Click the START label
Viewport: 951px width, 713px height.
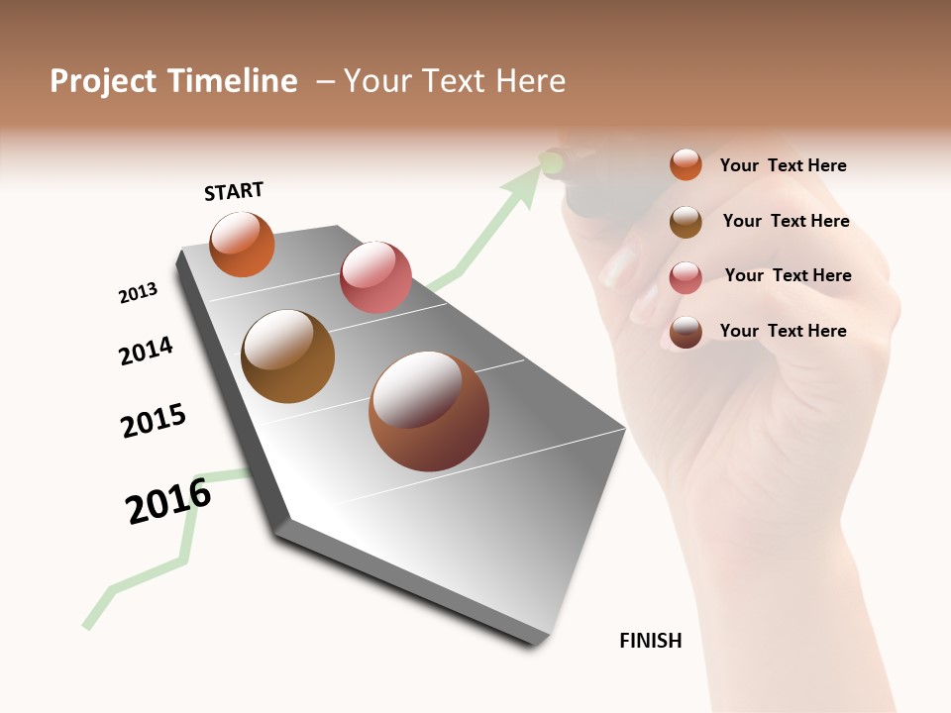234,191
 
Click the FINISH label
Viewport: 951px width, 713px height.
651,641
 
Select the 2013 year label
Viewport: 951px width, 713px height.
138,293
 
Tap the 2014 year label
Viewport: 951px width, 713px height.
146,351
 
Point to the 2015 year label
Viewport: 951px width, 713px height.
154,421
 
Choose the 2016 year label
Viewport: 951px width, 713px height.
168,501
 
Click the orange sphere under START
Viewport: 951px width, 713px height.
242,245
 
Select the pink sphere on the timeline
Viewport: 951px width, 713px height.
375,277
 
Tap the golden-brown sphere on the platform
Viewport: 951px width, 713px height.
287,356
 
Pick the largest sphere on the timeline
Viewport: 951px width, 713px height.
429,411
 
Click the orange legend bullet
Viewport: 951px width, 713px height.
686,165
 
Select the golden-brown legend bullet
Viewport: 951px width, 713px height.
686,222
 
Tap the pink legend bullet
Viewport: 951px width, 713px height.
686,276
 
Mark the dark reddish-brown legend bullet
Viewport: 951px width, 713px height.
686,332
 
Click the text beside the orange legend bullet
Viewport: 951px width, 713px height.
783,166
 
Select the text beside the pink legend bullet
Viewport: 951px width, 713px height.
788,275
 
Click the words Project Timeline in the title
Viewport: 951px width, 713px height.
173,81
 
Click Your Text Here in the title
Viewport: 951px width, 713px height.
454,81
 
